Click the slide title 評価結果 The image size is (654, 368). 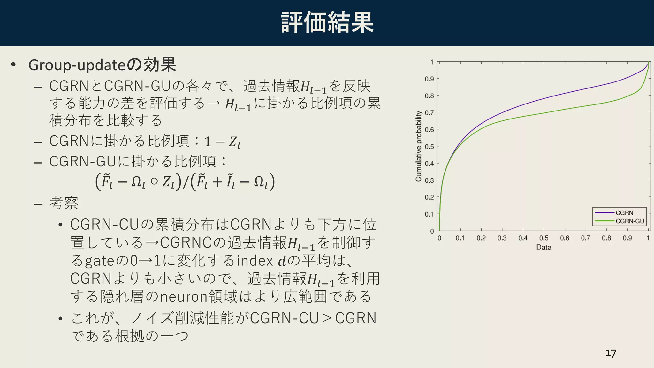click(327, 22)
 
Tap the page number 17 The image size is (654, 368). click(611, 353)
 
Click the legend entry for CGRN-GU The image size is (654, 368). click(629, 221)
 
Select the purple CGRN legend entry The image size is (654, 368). click(624, 213)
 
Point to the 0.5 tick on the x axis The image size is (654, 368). click(544, 238)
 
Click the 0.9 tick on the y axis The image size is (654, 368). click(429, 79)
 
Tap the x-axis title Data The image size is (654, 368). click(544, 247)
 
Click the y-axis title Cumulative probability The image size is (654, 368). click(418, 146)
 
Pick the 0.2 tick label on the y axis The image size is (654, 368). click(429, 197)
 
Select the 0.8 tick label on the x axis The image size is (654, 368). click(606, 238)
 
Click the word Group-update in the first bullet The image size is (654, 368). click(77, 65)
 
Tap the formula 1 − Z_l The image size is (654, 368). click(222, 142)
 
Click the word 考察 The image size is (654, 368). click(64, 203)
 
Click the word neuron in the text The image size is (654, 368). click(184, 296)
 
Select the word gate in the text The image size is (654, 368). click(99, 261)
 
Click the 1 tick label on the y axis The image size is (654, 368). click(432, 62)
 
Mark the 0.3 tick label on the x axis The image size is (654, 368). click(502, 238)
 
